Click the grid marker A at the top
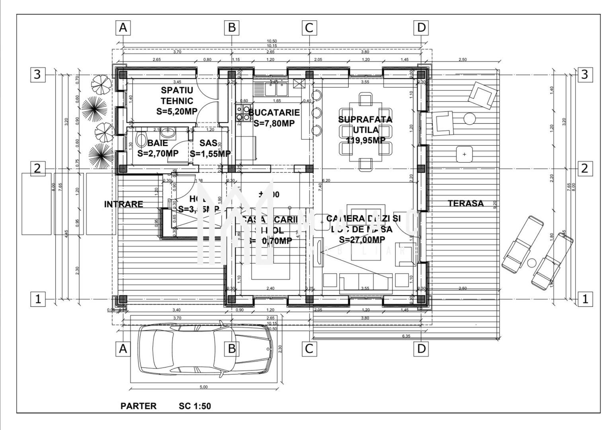coord(123,28)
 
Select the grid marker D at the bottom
coord(421,349)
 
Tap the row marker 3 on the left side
coord(37,74)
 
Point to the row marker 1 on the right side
coord(584,299)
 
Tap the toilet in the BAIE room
coord(141,139)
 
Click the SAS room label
coord(208,143)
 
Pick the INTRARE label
coord(123,204)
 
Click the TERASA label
coord(466,203)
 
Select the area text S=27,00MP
coord(362,239)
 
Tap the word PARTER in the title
coord(139,406)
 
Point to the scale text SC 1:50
coord(195,406)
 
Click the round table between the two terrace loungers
coord(531,263)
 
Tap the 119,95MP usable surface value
coord(365,140)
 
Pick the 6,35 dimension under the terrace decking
coord(406,336)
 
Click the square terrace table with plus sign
coord(464,154)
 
